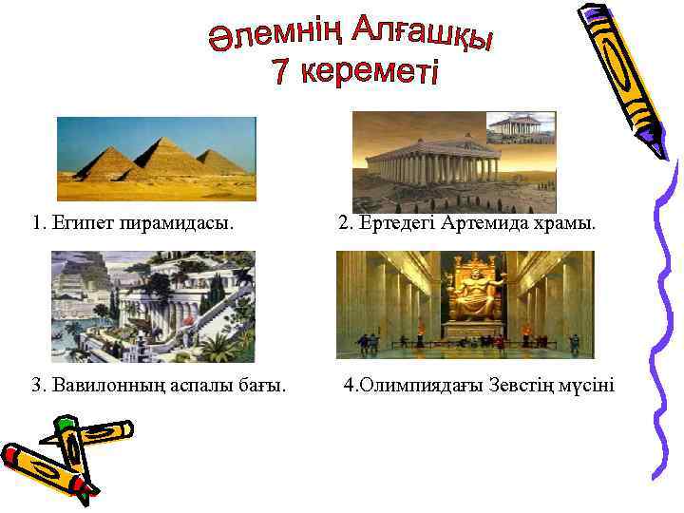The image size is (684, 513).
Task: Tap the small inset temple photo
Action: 520,127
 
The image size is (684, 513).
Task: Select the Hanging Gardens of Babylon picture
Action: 153,306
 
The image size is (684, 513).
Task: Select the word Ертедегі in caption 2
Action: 391,225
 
